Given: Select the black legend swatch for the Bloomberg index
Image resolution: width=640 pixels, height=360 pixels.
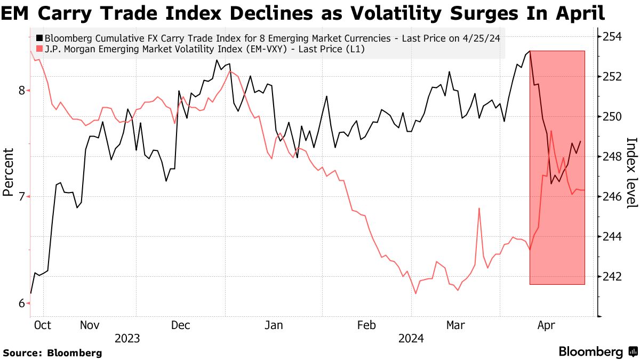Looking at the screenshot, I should pyautogui.click(x=40, y=38).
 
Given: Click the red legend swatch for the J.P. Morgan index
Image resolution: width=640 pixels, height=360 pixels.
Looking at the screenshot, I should pyautogui.click(x=40, y=49).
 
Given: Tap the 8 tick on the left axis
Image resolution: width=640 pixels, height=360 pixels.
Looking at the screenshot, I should pyautogui.click(x=22, y=90).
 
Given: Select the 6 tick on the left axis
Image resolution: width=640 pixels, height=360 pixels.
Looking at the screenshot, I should pyautogui.click(x=22, y=303).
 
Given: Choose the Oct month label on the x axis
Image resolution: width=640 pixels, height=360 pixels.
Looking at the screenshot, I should pyautogui.click(x=42, y=325).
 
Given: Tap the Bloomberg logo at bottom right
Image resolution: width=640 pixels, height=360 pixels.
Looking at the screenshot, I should pyautogui.click(x=597, y=352).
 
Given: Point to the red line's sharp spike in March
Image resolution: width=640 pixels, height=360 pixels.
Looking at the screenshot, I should pyautogui.click(x=479, y=209).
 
